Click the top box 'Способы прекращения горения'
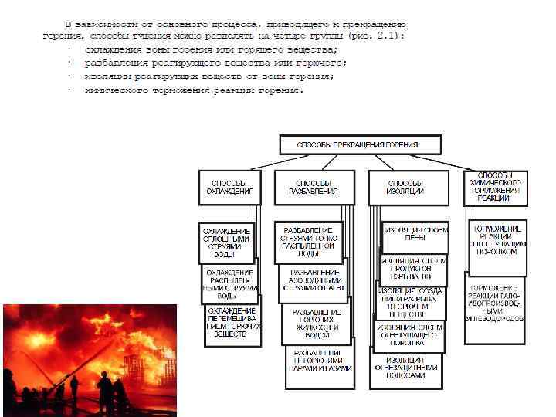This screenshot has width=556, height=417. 360,144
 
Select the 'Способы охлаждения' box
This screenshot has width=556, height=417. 230,187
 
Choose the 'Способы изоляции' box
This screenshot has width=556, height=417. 407,187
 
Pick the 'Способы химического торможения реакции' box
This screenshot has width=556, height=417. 495,188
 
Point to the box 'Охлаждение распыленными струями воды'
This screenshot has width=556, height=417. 230,283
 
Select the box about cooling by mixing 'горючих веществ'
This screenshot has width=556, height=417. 232,323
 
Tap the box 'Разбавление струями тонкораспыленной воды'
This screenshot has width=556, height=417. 308,242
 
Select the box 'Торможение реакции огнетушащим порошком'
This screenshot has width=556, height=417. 498,241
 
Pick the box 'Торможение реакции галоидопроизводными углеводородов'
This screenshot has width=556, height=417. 495,303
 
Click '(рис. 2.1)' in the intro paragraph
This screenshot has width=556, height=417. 378,36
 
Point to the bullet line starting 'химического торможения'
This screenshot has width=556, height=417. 194,90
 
